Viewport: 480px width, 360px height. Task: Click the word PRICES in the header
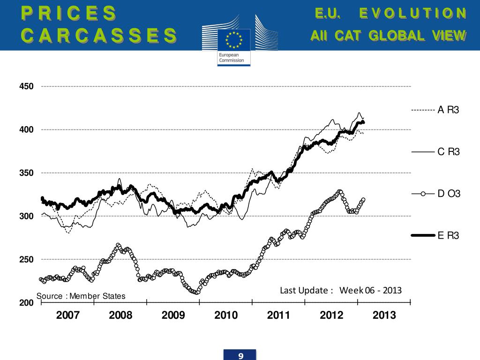(69, 13)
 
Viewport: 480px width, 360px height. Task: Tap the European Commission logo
(233, 45)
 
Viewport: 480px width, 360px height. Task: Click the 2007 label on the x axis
(68, 315)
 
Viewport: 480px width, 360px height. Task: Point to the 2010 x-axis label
(226, 315)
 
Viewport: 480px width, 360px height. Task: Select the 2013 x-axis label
(384, 315)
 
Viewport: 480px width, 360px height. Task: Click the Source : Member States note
(81, 296)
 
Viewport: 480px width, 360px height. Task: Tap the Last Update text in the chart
(341, 290)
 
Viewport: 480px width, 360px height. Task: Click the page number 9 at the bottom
(240, 356)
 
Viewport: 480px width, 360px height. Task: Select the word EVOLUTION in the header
(413, 13)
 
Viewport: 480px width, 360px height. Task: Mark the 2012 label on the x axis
(332, 315)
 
